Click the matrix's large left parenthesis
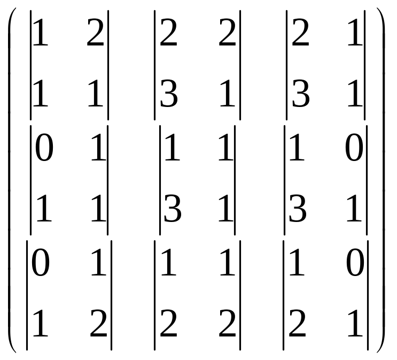click(10, 180)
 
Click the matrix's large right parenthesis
click(383, 180)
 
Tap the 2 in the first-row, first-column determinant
click(96, 33)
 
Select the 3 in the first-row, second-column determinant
click(169, 94)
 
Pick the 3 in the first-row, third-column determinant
click(300, 94)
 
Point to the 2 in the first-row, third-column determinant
click(300, 33)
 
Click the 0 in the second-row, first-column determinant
click(44, 148)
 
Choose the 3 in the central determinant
click(173, 209)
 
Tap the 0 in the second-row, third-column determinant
click(354, 148)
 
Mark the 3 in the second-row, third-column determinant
click(298, 209)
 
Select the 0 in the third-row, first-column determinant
click(41, 263)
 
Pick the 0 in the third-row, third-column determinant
click(355, 263)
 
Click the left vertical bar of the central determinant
click(160, 180)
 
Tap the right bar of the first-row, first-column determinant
click(108, 65)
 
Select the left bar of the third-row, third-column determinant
click(284, 295)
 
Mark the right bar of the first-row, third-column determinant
click(365, 65)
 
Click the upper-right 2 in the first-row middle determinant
click(227, 33)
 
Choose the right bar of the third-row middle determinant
click(240, 295)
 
